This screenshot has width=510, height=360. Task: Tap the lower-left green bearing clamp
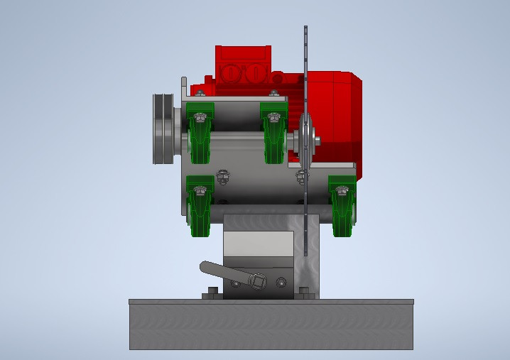pos(200,206)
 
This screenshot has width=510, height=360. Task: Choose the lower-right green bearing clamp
pos(342,206)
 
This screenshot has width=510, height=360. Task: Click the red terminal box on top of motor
pos(243,64)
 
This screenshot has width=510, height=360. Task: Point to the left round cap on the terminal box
pos(231,73)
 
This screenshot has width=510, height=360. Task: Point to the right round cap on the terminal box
pos(255,73)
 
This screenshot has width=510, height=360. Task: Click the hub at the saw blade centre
pos(307,139)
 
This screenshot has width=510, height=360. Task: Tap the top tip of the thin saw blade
pos(305,28)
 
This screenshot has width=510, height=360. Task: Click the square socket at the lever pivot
pos(259,283)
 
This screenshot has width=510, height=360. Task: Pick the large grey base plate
pos(271,324)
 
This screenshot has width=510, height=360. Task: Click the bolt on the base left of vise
pos(211,291)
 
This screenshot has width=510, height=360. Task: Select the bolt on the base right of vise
pos(304,291)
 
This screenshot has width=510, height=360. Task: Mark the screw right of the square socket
pos(281,283)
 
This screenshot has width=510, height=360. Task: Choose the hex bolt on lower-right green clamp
pos(342,190)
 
